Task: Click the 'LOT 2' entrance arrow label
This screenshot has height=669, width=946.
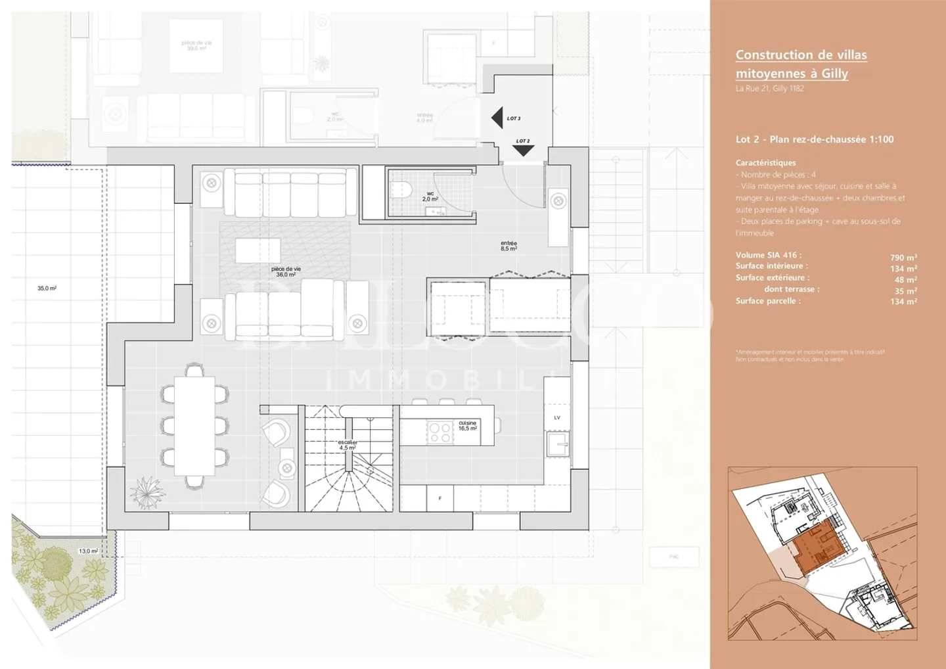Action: click(x=523, y=141)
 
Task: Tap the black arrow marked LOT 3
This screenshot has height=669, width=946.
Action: click(x=497, y=118)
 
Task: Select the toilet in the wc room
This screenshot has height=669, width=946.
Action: click(x=400, y=191)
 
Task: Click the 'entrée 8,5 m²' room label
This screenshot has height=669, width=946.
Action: click(x=508, y=246)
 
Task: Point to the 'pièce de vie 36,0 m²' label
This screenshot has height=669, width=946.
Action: click(x=286, y=271)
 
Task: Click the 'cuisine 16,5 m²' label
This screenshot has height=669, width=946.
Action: click(x=468, y=426)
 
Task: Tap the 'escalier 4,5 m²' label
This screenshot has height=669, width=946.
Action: click(x=348, y=445)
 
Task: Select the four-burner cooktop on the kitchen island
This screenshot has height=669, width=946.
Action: click(x=439, y=432)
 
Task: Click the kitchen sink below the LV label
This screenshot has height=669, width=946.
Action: click(x=557, y=444)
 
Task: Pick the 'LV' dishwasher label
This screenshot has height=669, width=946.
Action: click(x=557, y=418)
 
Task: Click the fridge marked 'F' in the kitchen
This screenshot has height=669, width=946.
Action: click(x=439, y=498)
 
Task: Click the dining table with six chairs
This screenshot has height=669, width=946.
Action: click(x=194, y=426)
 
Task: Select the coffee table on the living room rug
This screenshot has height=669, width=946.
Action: click(x=258, y=250)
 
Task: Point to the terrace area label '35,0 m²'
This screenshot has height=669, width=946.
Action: click(x=47, y=288)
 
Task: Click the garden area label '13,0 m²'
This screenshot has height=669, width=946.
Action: click(x=88, y=551)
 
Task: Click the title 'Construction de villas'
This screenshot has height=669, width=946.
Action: click(x=801, y=55)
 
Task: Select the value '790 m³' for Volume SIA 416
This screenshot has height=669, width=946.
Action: click(x=903, y=258)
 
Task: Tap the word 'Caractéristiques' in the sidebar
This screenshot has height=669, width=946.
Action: click(x=765, y=163)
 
